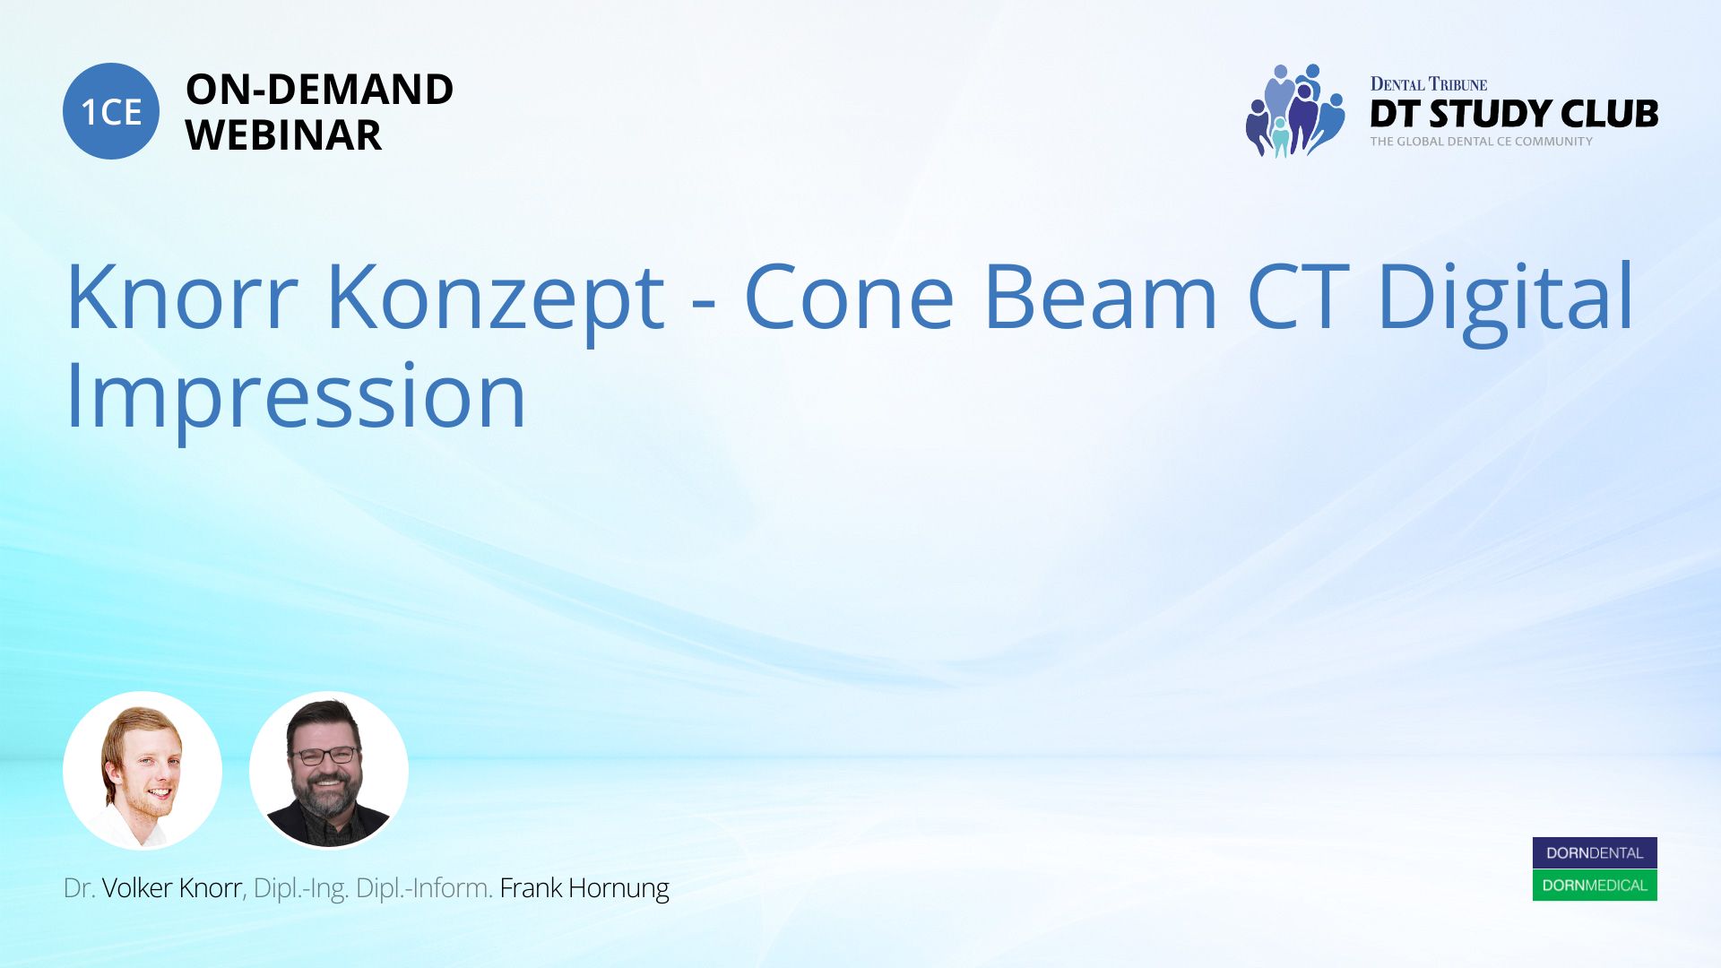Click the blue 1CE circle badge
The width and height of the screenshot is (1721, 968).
pos(111,111)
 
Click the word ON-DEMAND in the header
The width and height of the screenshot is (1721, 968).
pos(319,89)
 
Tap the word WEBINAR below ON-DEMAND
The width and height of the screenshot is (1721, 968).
pos(283,135)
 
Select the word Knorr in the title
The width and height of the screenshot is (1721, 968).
pos(182,297)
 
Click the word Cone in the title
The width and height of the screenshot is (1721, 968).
pos(849,297)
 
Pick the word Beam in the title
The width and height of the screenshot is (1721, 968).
pos(1101,297)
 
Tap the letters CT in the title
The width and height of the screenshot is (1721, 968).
pos(1298,297)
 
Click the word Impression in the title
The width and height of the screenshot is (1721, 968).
pos(296,399)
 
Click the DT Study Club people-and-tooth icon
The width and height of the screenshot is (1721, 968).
pos(1295,110)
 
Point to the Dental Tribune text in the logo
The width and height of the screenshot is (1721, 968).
pos(1429,84)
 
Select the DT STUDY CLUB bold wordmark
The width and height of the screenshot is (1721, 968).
pos(1514,114)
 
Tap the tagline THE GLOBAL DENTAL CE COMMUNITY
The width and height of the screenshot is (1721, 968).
pos(1482,142)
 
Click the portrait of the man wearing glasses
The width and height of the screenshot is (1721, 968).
pos(329,771)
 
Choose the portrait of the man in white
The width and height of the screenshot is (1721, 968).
pos(143,771)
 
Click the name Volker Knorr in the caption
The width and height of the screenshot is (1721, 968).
pos(172,888)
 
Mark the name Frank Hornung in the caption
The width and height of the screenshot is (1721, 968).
pos(584,889)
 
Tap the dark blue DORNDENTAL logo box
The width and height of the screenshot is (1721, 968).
pos(1595,853)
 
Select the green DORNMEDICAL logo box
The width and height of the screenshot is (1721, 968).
pos(1595,886)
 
